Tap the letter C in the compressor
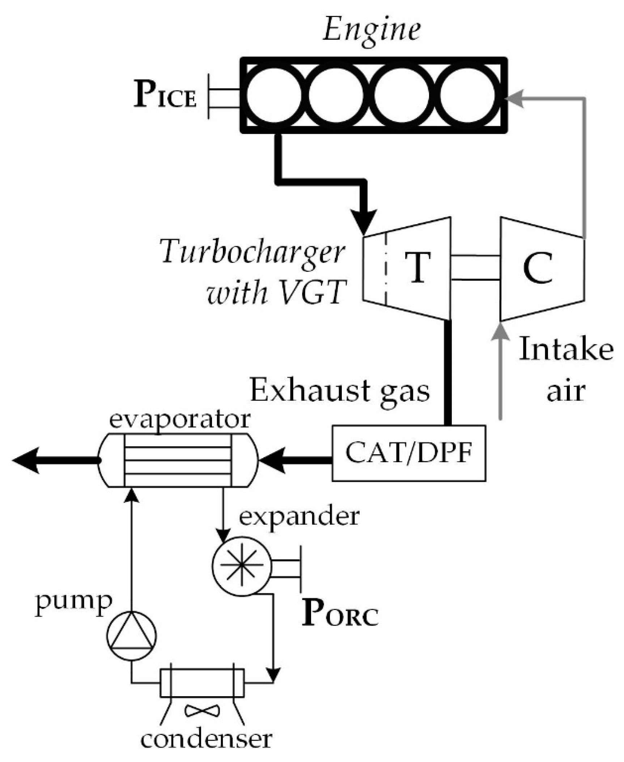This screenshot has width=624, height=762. pyautogui.click(x=538, y=268)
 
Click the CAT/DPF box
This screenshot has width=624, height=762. pyautogui.click(x=409, y=453)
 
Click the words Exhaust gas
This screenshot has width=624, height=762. pyautogui.click(x=340, y=391)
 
